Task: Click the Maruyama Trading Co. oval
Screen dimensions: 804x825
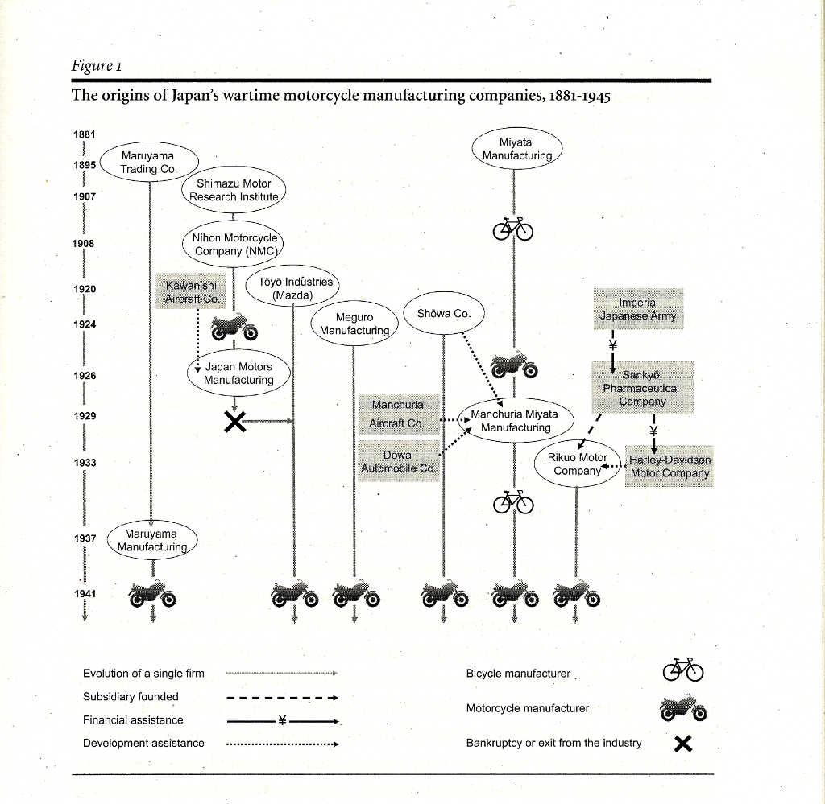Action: [x=149, y=163]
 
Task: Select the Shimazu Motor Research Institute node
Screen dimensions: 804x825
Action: [x=234, y=190]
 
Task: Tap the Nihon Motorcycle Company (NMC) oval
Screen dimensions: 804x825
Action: [x=234, y=245]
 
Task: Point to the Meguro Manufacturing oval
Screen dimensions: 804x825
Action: [x=354, y=324]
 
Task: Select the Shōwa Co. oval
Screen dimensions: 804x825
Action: [x=444, y=314]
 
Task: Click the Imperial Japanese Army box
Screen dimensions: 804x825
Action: [x=638, y=310]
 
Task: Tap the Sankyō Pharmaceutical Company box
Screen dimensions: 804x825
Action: [x=642, y=388]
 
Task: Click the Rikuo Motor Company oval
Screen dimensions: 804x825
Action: [x=577, y=464]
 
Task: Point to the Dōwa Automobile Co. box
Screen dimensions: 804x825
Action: [x=398, y=462]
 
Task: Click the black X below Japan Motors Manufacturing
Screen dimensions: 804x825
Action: [x=234, y=421]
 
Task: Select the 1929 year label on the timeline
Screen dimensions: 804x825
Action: [x=85, y=417]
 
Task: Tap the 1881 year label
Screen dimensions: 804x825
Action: [x=85, y=135]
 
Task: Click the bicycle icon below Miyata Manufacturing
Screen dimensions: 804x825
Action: [x=514, y=229]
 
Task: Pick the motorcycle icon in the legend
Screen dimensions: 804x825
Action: [x=682, y=708]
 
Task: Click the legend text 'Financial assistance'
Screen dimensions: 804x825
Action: [x=133, y=720]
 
